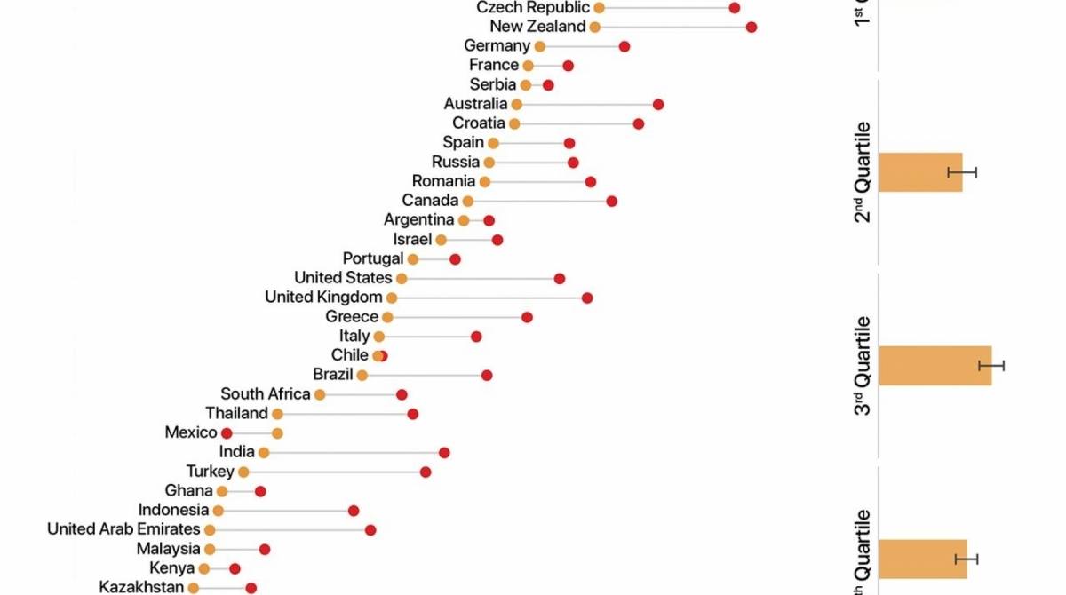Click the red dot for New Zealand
click(x=752, y=27)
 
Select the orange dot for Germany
click(x=540, y=46)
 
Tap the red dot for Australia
click(x=658, y=104)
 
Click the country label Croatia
click(x=478, y=123)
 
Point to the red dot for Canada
click(x=612, y=201)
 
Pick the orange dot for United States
click(x=402, y=278)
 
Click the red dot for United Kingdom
click(x=587, y=297)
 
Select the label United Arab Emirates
click(x=123, y=529)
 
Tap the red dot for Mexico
click(x=227, y=432)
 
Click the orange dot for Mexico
click(x=277, y=432)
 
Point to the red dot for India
click(x=444, y=452)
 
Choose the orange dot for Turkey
click(x=243, y=472)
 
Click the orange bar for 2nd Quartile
click(x=920, y=172)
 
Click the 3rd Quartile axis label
click(x=863, y=365)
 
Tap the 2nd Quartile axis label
click(x=863, y=172)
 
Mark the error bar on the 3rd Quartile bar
click(x=991, y=366)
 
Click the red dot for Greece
click(x=527, y=317)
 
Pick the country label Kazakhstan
click(x=141, y=587)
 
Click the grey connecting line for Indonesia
click(x=284, y=511)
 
